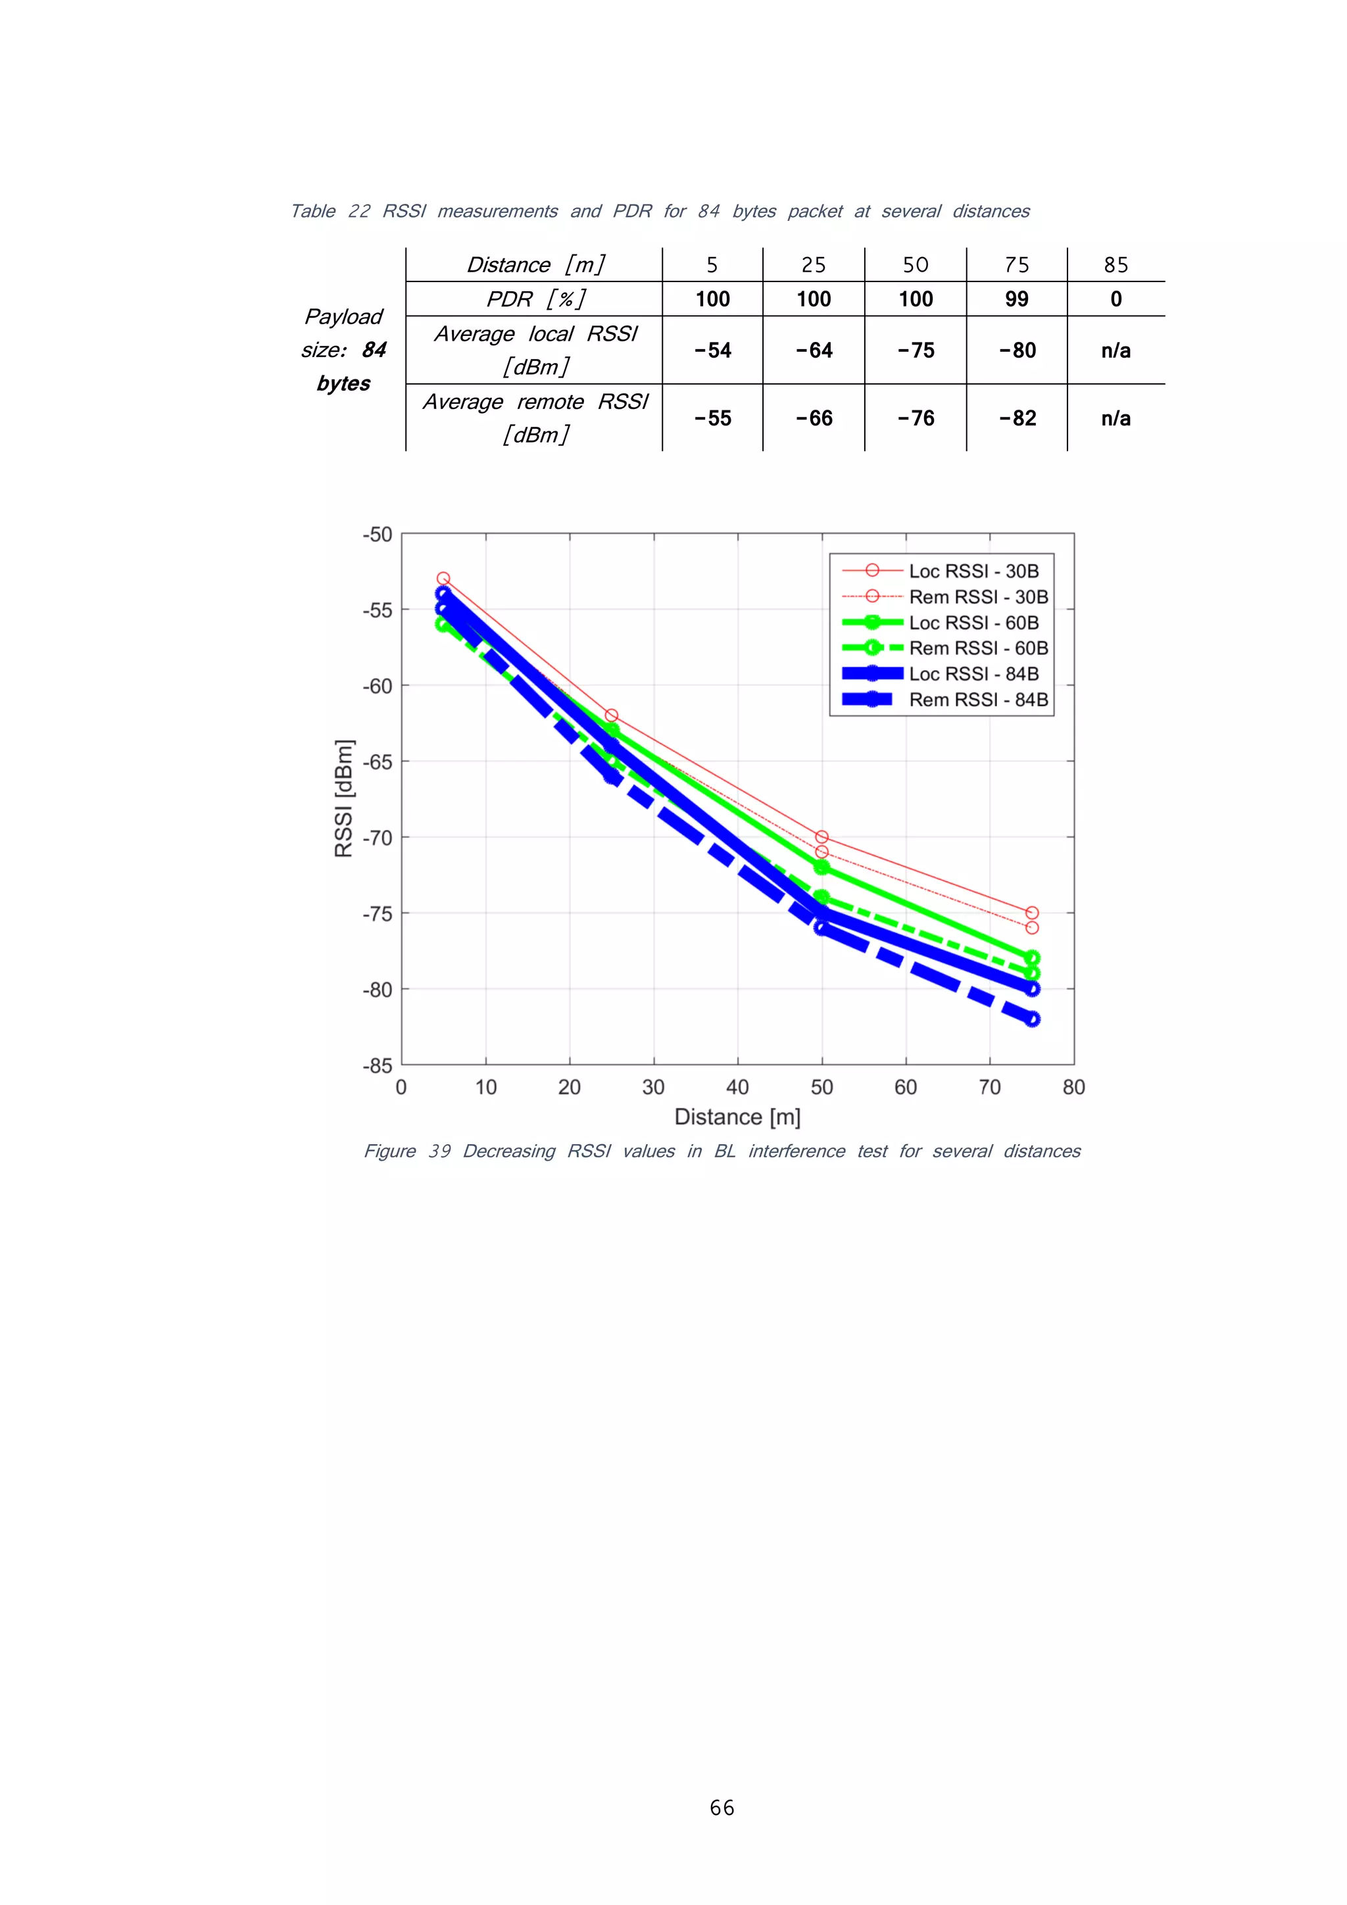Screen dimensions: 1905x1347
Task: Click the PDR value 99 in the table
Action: click(1016, 299)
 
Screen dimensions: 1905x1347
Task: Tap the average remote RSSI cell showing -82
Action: click(1017, 418)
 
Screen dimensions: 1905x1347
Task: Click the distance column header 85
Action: click(1115, 266)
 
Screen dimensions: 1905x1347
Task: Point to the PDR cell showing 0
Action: click(1115, 299)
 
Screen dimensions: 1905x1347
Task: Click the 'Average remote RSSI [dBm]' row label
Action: click(535, 418)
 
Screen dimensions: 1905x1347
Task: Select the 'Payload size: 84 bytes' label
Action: click(343, 349)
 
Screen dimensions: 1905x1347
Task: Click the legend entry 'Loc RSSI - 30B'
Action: click(973, 571)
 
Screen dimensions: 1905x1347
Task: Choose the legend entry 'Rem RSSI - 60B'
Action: click(977, 648)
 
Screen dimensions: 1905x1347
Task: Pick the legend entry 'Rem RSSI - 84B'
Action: click(977, 700)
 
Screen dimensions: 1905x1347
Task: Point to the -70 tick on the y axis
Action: click(377, 838)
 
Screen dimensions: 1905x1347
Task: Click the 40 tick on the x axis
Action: click(737, 1087)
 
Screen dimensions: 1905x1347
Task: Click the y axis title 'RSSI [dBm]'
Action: click(343, 798)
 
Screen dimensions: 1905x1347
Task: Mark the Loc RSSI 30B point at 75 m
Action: click(1031, 913)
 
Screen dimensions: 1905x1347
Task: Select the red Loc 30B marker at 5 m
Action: click(443, 578)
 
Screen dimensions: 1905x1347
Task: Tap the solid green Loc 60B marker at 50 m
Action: click(821, 867)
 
